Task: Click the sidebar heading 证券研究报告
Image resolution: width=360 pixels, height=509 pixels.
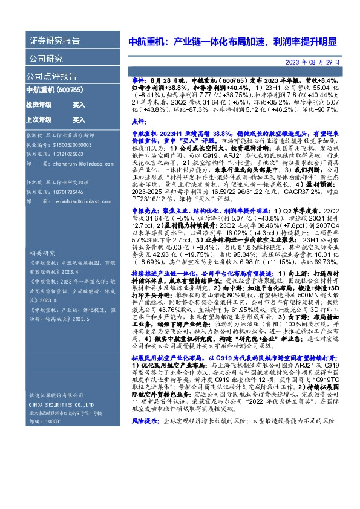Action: pos(54,41)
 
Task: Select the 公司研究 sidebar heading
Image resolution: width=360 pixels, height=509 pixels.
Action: pos(46,59)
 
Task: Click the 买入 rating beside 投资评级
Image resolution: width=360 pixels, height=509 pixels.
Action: pos(79,105)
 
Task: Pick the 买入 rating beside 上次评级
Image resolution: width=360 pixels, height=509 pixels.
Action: pos(79,120)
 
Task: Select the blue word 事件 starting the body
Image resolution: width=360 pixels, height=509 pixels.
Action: pos(137,80)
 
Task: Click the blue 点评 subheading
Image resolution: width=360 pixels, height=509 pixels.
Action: pos(137,122)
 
